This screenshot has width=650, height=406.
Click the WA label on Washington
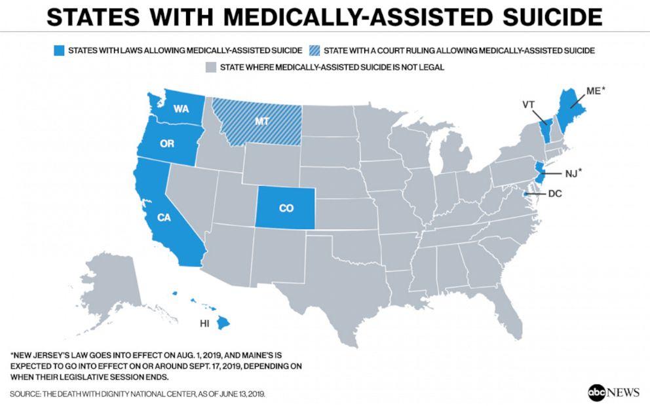coord(180,109)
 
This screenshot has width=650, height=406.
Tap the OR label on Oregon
coord(167,143)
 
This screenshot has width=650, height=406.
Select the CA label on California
coord(164,217)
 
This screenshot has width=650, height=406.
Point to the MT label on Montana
coord(260,122)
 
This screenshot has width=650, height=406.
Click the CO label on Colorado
coord(286,208)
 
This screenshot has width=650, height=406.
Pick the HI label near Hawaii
coord(205,323)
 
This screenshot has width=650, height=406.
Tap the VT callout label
coord(529,104)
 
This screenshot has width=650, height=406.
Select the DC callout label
coord(555,194)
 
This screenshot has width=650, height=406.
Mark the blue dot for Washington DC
coord(526,194)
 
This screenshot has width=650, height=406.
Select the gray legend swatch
coord(210,67)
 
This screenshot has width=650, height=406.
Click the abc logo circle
coord(597,392)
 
